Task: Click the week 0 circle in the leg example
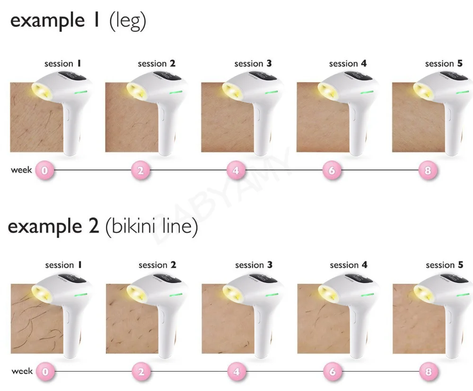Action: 44,170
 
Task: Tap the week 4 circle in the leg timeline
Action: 236,170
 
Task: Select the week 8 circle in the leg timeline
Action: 428,170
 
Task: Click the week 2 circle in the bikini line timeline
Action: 140,372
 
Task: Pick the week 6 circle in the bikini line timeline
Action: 332,372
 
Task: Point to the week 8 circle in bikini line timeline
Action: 428,372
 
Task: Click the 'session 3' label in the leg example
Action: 253,63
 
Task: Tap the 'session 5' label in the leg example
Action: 444,63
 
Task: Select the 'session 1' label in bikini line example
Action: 63,265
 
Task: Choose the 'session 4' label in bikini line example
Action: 349,265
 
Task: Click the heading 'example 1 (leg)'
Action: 78,22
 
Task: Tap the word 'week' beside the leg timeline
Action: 21,170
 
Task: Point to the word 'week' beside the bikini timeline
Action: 22,372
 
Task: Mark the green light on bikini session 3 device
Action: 272,294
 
